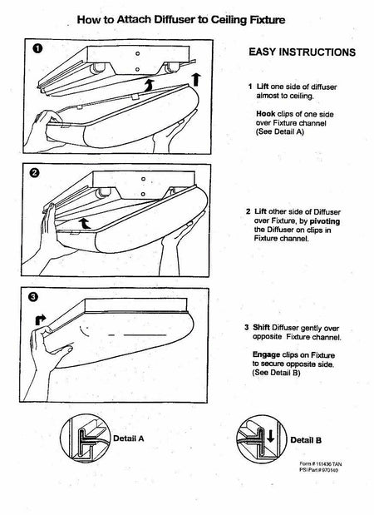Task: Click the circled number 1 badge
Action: tap(37, 49)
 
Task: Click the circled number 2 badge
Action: tap(35, 173)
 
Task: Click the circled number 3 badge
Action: tap(33, 297)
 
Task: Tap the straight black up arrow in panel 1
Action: tap(196, 80)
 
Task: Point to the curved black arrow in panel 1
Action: tap(149, 85)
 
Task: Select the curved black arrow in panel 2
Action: tap(85, 223)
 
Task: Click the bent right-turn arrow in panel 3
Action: tap(41, 319)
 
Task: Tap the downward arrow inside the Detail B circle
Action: tap(270, 436)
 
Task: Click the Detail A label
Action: tap(128, 438)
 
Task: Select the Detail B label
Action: tap(306, 440)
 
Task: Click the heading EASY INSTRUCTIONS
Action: tap(302, 52)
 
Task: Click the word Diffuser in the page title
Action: tap(175, 20)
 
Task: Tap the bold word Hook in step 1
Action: tap(265, 114)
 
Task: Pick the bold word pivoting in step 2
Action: tap(324, 221)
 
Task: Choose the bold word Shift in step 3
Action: tap(261, 328)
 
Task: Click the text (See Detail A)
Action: tap(280, 131)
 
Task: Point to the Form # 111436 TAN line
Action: tap(320, 464)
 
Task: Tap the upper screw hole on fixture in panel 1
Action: tap(137, 53)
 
